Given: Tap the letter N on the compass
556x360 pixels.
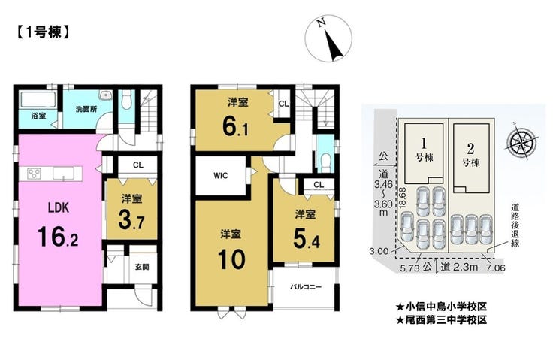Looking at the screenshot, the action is click(x=322, y=23).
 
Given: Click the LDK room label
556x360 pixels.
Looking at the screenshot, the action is click(x=59, y=208).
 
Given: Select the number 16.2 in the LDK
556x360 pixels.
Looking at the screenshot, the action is click(x=58, y=237).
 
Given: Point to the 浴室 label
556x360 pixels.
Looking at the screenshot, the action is click(x=38, y=116).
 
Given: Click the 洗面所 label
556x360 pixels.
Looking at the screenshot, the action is click(x=86, y=109).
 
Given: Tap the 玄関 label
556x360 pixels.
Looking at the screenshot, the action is click(x=142, y=267).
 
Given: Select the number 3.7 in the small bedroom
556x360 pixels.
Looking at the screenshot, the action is click(x=131, y=220).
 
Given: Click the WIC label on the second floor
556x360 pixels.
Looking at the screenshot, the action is click(x=221, y=176).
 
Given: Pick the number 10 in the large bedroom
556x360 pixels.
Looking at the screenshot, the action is click(x=231, y=259).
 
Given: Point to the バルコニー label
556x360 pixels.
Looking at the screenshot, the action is click(x=306, y=286).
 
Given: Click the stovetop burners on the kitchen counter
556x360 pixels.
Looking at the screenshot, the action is click(x=34, y=174).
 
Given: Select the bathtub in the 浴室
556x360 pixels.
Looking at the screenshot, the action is click(x=38, y=100).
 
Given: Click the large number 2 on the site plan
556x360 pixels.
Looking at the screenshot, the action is click(x=470, y=148).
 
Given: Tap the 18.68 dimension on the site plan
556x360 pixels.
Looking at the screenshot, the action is click(x=402, y=200).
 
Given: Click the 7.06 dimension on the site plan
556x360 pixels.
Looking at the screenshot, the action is click(x=495, y=268).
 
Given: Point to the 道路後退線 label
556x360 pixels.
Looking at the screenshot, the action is click(x=515, y=225).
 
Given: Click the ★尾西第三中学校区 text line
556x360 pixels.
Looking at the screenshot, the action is click(x=441, y=320).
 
